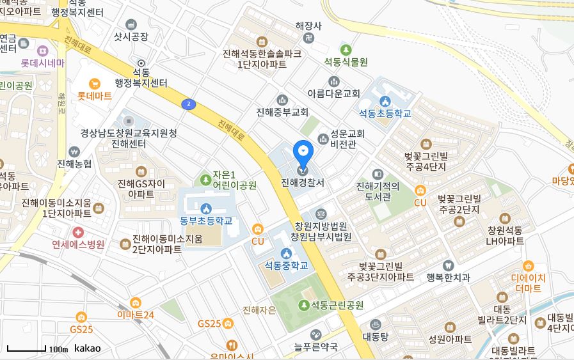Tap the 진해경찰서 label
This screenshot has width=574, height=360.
click(303, 182)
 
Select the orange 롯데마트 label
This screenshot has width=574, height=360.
click(94, 96)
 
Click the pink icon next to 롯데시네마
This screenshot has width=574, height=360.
click(43, 50)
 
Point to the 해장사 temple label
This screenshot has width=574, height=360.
click(308, 26)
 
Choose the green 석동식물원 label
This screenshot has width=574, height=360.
click(346, 62)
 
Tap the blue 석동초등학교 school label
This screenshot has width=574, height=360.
click(385, 114)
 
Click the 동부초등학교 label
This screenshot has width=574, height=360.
click(206, 221)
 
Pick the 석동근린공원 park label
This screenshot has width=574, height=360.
click(337, 305)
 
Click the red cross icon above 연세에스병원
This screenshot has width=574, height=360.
click(78, 231)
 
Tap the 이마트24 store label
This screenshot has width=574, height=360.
click(136, 315)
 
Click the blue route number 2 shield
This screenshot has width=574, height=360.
click(188, 104)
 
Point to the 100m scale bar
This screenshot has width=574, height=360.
click(26, 349)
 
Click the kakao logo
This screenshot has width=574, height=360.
click(88, 348)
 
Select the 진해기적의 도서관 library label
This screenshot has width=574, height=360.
click(378, 191)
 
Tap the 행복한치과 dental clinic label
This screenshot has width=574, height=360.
click(448, 277)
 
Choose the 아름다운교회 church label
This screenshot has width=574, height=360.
click(333, 93)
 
